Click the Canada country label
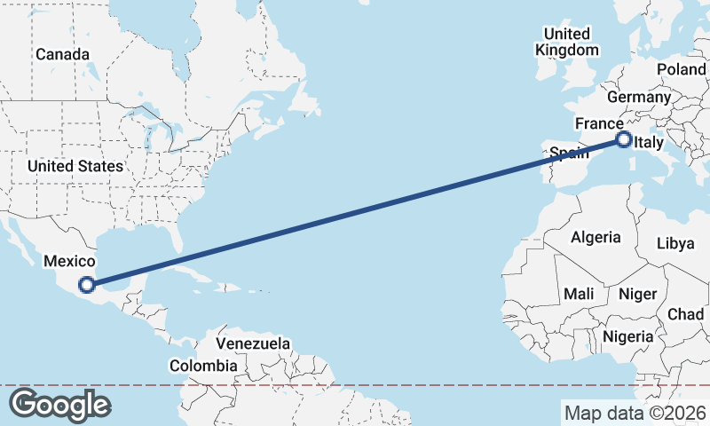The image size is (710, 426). pos(62,55)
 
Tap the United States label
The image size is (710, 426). pos(75,166)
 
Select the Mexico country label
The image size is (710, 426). pos(68,261)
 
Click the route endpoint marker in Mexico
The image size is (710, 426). pos(87,285)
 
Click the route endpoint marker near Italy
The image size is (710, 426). pos(623,139)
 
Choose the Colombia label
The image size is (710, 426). pos(203,366)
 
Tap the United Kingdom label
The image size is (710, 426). pos(567,42)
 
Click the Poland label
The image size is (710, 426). pos(681,69)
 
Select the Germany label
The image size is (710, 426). pos(639,97)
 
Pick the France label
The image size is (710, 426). pos(599,123)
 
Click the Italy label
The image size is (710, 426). pos(650,142)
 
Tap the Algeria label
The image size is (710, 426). pos(596,237)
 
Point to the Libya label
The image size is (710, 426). pos(675,244)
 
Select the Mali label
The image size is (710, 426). pos(579,293)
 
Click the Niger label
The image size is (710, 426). pos(636,294)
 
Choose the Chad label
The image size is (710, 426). pos(685,314)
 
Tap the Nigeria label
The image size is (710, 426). pos(627,336)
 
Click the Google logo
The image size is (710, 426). pos(59,405)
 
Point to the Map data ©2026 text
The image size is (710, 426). pos(635,413)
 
